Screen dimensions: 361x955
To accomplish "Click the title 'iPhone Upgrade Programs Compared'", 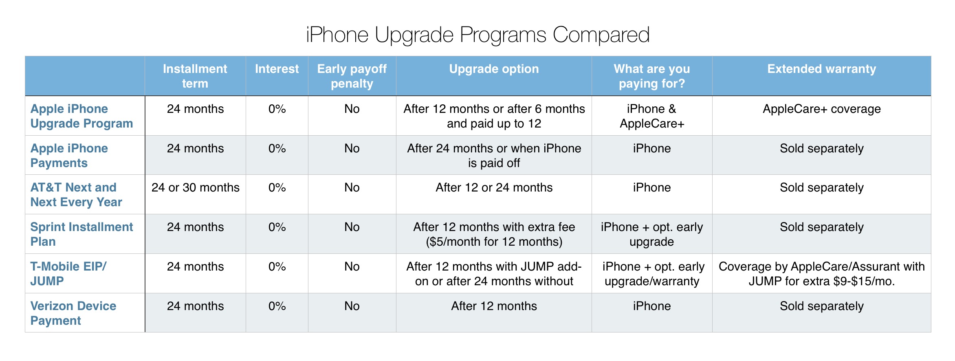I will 477,35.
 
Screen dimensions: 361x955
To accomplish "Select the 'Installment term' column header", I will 195,76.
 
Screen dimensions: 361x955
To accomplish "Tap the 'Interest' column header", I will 277,69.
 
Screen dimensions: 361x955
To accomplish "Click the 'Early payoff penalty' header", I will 352,76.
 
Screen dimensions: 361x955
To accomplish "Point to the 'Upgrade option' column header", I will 494,69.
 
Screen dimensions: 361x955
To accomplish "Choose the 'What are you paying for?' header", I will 651,76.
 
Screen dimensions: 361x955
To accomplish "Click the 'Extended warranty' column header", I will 821,69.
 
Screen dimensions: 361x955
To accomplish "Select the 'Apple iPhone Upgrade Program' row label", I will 81,116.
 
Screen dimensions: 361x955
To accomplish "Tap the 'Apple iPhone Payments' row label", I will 69,156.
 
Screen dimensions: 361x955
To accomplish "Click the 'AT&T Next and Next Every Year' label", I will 76,195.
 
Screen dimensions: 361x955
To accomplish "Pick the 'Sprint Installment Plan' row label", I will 81,234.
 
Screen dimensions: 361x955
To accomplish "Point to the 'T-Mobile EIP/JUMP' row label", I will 68,274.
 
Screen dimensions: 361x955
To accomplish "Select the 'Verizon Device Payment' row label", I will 73,313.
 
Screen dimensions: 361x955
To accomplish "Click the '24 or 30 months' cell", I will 195,187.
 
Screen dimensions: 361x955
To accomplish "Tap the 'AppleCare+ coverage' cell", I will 821,109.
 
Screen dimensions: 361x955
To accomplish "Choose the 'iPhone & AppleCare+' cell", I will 651,116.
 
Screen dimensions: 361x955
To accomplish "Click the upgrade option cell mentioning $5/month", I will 494,234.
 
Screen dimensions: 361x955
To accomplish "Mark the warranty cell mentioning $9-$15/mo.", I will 821,274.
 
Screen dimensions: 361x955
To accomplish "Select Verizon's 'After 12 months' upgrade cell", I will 494,306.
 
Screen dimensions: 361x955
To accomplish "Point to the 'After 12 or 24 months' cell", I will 494,187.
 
